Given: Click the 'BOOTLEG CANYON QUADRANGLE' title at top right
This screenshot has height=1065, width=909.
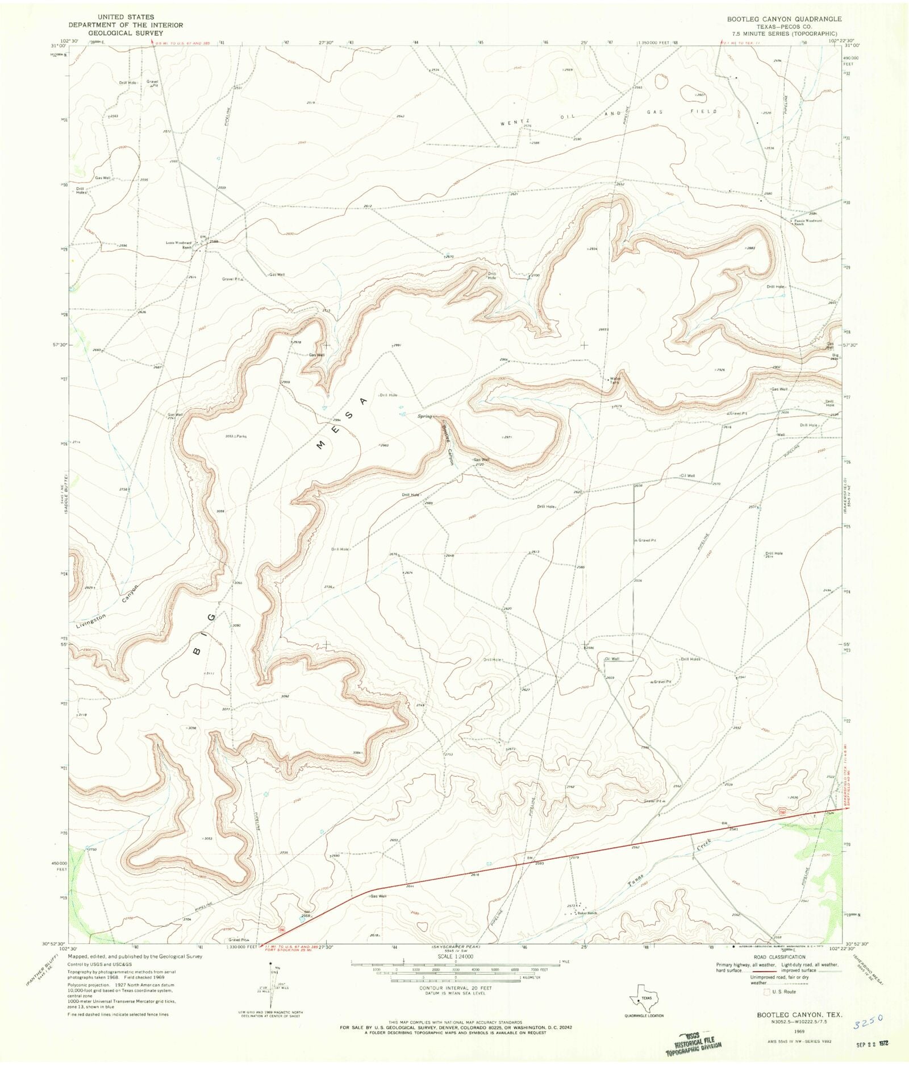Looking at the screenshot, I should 784,19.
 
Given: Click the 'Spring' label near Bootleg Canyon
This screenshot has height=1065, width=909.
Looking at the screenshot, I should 425,416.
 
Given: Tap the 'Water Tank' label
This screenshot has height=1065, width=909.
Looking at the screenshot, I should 615,380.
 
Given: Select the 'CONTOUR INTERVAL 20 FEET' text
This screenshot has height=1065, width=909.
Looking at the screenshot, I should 456,988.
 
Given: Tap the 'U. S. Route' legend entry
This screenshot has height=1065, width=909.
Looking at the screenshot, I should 783,992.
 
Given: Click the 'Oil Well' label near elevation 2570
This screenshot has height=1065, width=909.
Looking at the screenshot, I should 687,476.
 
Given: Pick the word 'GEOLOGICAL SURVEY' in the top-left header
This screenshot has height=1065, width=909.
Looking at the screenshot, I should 126,33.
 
